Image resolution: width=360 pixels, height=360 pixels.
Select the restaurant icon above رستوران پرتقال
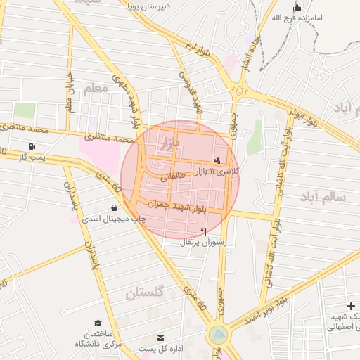pos(204,231)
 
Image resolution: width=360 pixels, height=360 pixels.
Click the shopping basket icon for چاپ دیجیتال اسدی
pos(114,208)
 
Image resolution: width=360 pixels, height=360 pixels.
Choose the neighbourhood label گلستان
pos(144,292)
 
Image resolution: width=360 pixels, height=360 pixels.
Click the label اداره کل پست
pos(160,349)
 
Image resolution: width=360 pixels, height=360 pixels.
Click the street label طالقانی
pos(173,177)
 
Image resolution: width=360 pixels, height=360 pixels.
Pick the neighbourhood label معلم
pos(97,89)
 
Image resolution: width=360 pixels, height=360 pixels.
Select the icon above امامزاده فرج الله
pos(297,7)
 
